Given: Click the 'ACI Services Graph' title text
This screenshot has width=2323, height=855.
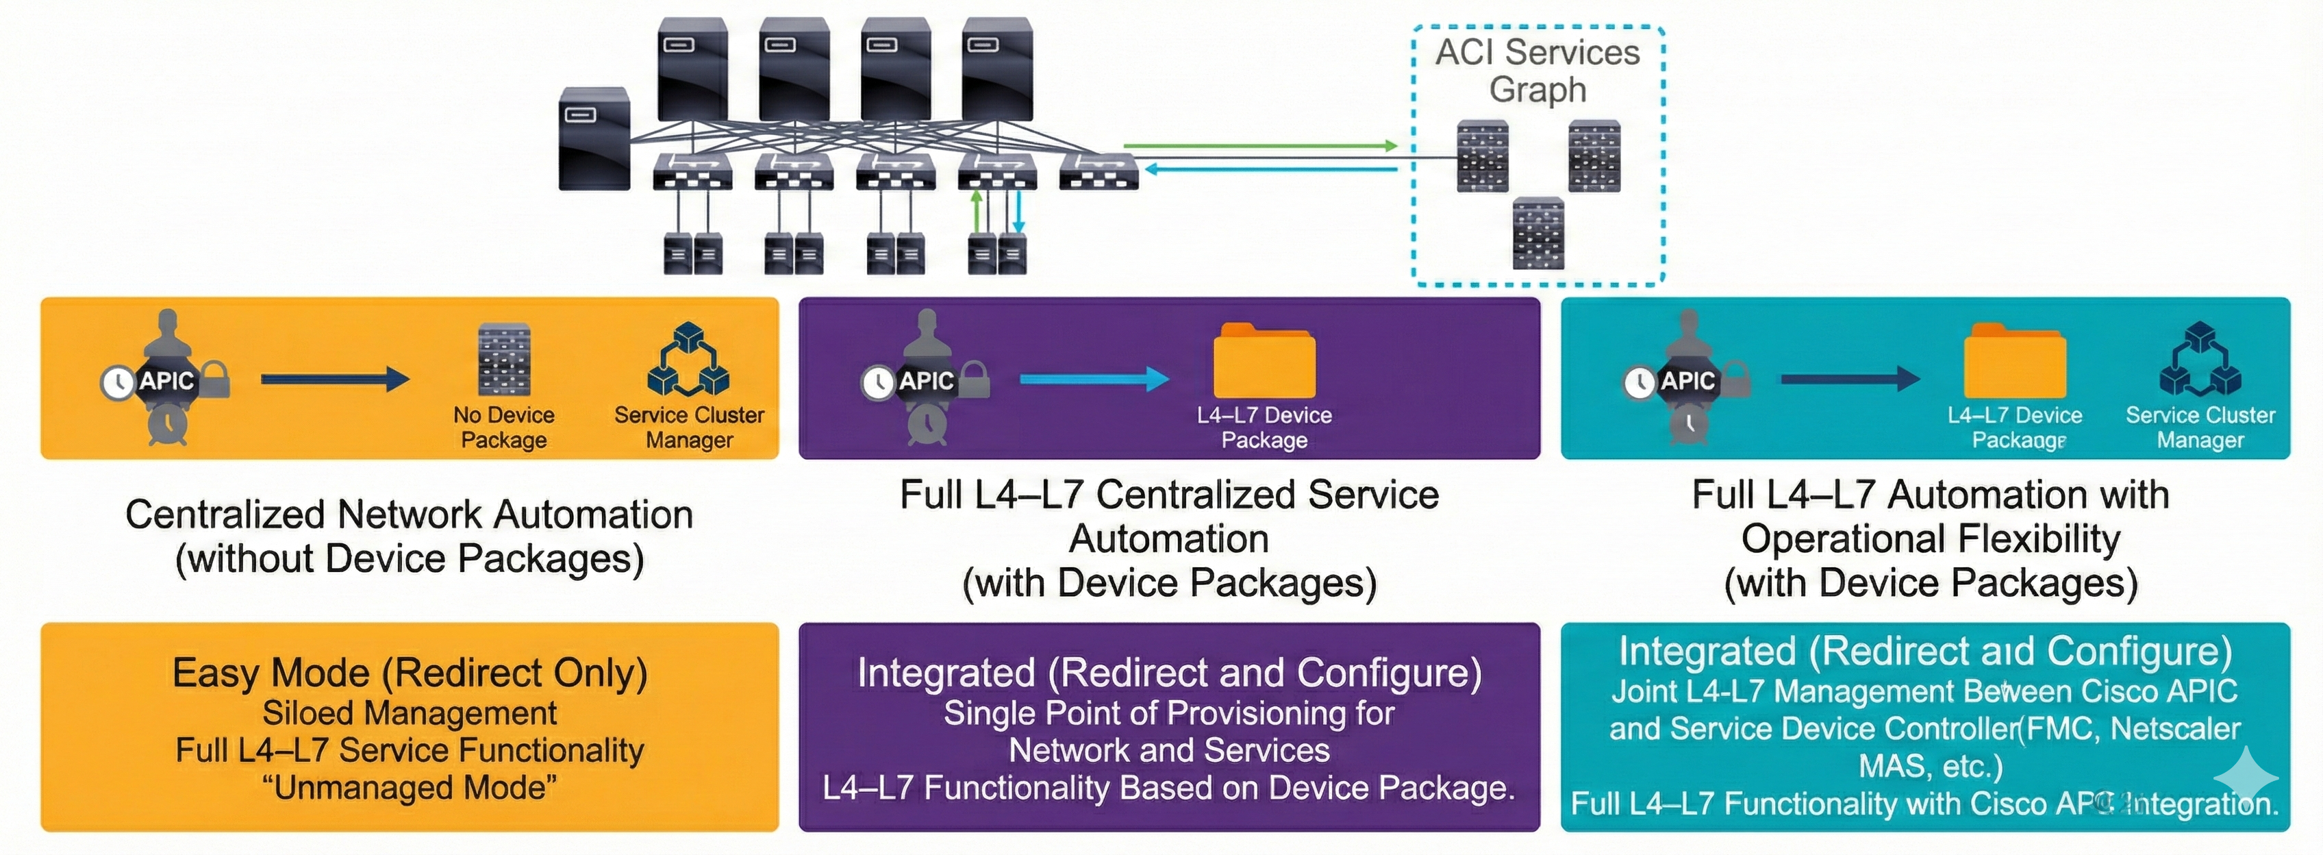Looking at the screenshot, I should [1537, 71].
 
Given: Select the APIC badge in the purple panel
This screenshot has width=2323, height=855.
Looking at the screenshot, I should [926, 381].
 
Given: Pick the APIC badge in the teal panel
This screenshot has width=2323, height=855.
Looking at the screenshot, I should [1687, 381].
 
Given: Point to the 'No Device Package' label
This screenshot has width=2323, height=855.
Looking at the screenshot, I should [503, 427].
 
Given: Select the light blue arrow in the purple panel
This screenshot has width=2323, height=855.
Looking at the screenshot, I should [1093, 379].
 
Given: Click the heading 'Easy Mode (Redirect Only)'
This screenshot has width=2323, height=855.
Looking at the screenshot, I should [410, 673].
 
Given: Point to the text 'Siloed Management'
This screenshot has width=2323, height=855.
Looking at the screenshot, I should [410, 713].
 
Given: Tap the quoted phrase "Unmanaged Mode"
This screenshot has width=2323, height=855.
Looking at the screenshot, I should [410, 787].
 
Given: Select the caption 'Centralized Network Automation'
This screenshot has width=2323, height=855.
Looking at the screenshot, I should [410, 514].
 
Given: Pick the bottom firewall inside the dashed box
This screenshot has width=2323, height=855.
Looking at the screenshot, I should [1538, 234].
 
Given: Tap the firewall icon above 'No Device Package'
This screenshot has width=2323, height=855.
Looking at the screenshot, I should [504, 360].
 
